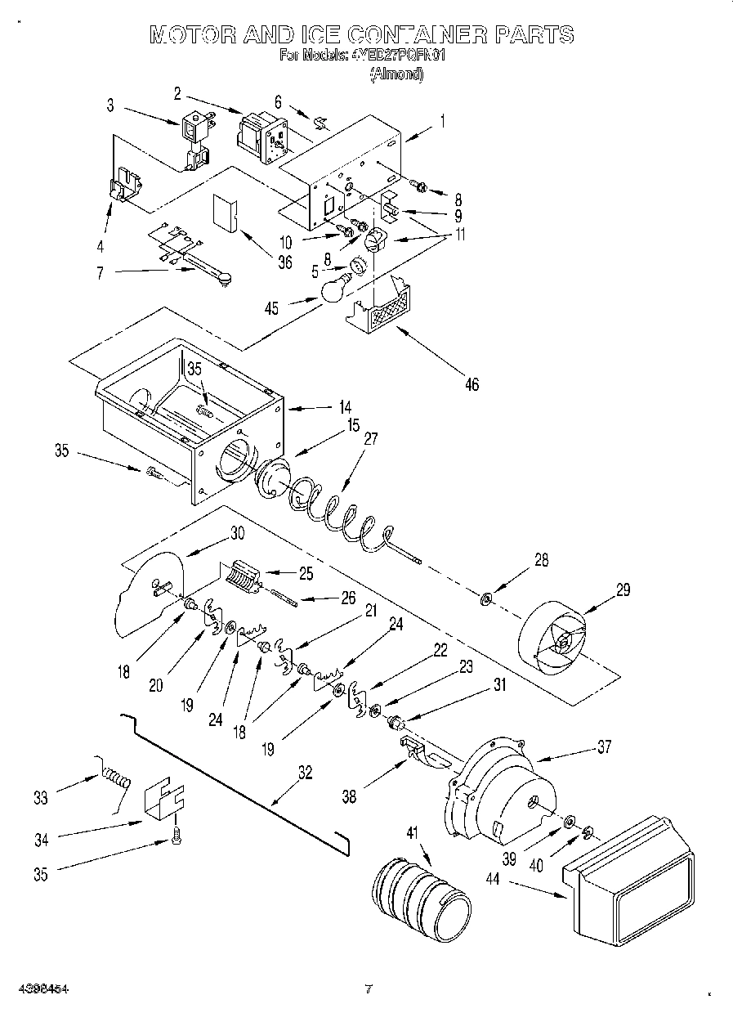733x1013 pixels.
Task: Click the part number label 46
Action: click(x=471, y=384)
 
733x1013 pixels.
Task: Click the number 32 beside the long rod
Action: click(x=306, y=773)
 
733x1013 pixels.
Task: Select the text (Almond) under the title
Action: click(x=396, y=75)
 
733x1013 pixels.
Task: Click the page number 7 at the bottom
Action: click(x=369, y=989)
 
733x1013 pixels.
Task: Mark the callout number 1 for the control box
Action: click(x=442, y=120)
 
